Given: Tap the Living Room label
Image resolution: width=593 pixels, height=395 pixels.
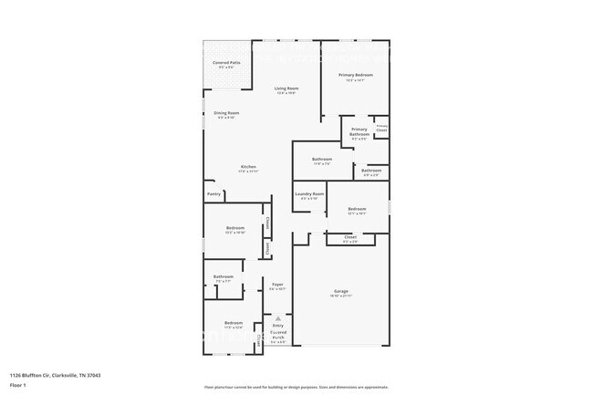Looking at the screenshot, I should coord(286,88).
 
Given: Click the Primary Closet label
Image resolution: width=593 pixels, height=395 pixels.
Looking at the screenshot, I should coord(381,128).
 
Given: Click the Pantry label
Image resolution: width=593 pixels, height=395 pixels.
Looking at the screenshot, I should coord(213,193).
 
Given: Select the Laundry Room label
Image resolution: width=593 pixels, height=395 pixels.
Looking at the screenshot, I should coord(309,194).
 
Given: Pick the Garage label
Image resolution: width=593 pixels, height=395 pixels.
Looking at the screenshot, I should coord(340,292).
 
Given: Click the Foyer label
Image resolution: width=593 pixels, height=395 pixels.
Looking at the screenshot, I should coord(277,285).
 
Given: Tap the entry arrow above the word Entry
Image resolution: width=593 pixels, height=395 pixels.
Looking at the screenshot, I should coord(277,318).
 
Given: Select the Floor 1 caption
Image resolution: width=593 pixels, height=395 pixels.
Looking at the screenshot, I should coord(19,385).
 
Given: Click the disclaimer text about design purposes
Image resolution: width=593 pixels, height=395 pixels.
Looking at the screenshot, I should coord(296,387).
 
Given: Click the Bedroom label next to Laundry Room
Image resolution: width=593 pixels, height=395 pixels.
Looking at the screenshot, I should coord(357,210).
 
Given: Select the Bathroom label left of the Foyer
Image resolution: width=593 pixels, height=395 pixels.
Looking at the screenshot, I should coord(224,276).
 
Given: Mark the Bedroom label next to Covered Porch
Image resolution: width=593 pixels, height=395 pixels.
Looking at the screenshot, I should coord(234,322).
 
